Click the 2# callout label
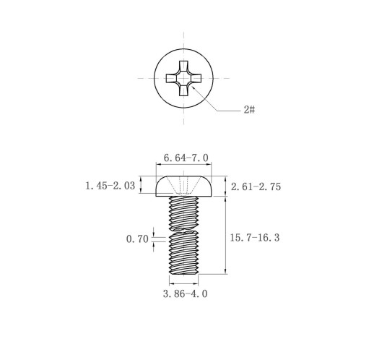point(249,110)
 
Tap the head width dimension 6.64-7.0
point(186,158)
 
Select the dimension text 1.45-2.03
point(110,186)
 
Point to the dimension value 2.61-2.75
point(256,187)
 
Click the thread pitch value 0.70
point(137,239)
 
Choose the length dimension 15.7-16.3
point(255,238)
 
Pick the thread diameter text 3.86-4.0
point(185,293)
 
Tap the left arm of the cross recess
point(171,78)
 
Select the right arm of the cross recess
point(196,78)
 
